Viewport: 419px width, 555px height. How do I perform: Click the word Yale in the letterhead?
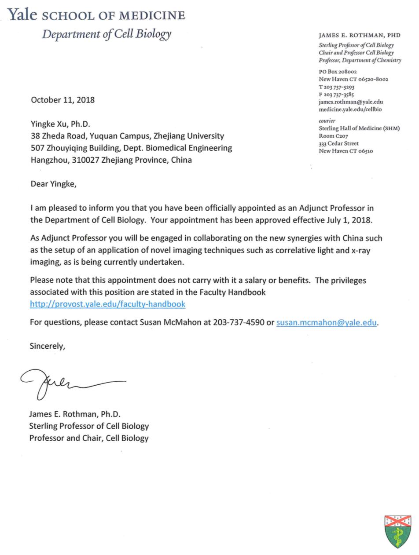[x=22, y=15]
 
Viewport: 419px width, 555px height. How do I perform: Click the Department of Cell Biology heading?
[x=107, y=34]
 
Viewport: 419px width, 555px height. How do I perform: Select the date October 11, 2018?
[x=62, y=100]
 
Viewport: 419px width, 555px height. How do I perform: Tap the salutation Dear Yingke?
[x=53, y=184]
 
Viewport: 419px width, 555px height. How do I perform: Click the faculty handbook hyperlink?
[x=107, y=304]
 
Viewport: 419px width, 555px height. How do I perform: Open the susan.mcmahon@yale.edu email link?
[x=326, y=322]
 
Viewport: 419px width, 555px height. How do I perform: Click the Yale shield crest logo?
[x=397, y=531]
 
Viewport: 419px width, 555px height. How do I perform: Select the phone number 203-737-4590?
[x=239, y=322]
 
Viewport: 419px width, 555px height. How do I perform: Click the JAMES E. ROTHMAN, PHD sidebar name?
[x=360, y=35]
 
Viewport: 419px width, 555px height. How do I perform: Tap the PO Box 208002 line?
[x=338, y=71]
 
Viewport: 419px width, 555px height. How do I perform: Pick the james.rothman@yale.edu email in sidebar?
[x=351, y=102]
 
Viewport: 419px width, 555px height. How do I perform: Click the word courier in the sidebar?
[x=327, y=120]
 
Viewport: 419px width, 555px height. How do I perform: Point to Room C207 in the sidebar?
[x=333, y=136]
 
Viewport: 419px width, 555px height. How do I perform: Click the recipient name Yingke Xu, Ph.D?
[x=60, y=124]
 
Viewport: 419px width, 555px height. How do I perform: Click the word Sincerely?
[x=47, y=346]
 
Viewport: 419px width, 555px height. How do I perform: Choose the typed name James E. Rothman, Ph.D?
[x=74, y=414]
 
